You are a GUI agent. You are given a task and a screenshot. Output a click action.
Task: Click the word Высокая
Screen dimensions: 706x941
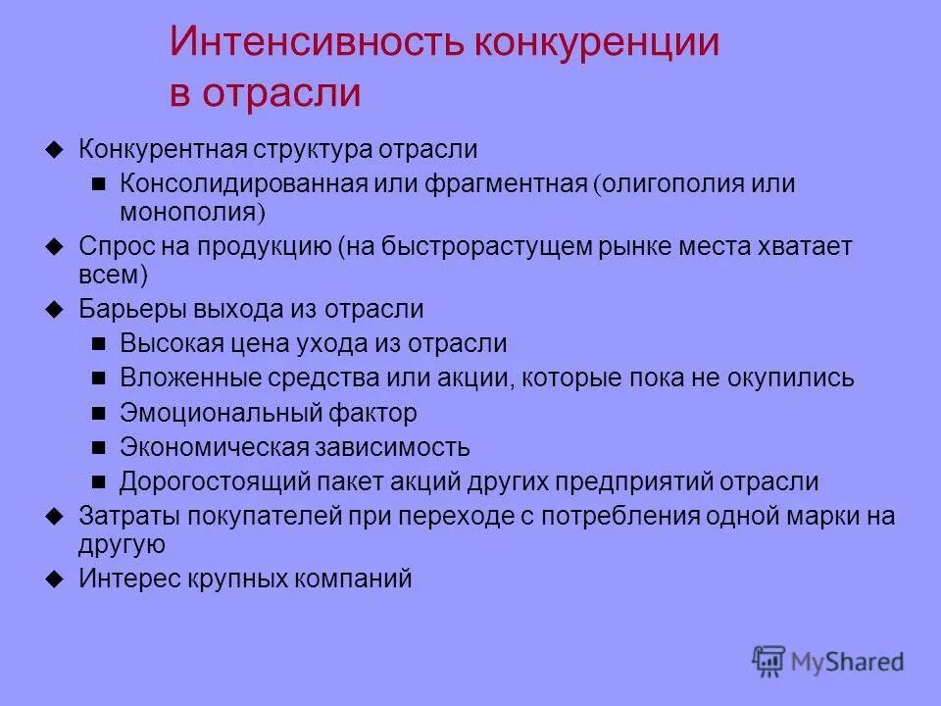click(165, 343)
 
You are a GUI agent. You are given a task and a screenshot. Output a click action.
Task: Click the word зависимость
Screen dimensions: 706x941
click(391, 447)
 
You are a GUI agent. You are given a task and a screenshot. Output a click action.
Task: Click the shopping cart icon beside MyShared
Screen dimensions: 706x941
click(769, 660)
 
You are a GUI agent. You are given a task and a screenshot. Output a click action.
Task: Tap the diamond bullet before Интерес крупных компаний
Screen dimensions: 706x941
click(55, 579)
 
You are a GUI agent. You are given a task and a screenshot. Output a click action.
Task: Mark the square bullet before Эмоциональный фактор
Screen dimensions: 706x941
click(98, 414)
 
